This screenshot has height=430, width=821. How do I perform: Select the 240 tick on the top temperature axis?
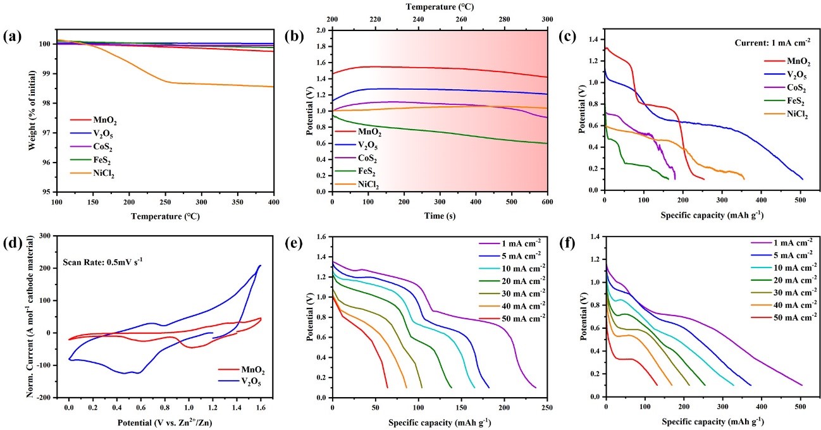coord(418,20)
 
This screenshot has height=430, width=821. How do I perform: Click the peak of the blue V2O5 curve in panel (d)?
coord(259,266)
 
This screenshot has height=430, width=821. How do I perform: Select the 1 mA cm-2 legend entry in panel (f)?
coord(783,243)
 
